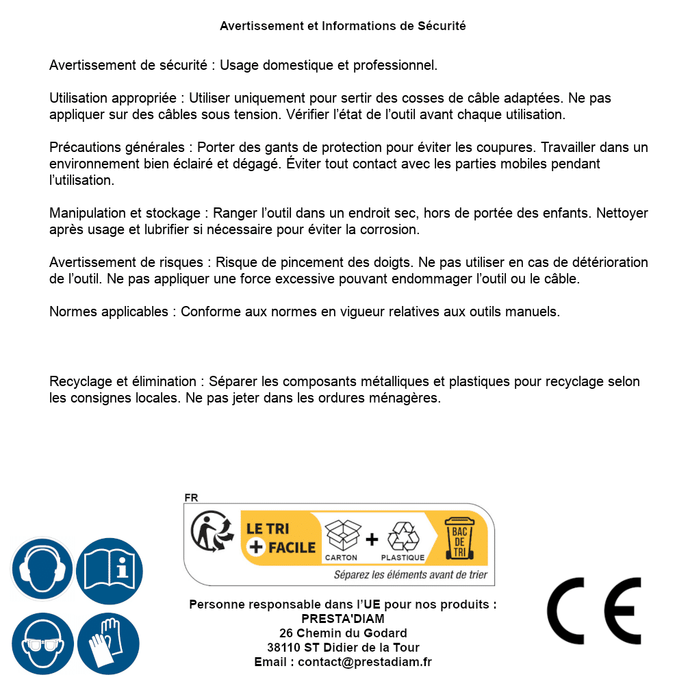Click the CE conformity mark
click(x=594, y=611)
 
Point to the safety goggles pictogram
click(x=42, y=644)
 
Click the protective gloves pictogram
click(x=108, y=644)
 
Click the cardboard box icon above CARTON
click(x=341, y=536)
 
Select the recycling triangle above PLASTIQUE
click(x=403, y=536)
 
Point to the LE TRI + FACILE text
click(x=281, y=537)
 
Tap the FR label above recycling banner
click(x=191, y=498)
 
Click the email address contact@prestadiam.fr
click(x=365, y=662)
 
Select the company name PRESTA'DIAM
click(x=343, y=619)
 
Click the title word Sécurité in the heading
click(x=442, y=26)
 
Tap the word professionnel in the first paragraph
click(x=395, y=66)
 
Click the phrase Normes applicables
click(x=108, y=311)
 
